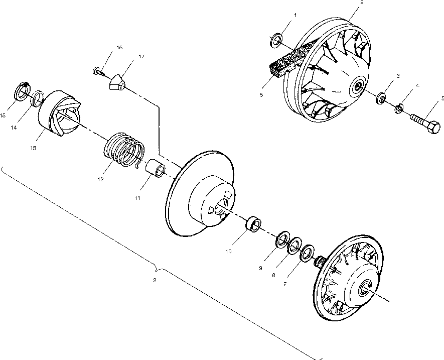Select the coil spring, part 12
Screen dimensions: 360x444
(123, 149)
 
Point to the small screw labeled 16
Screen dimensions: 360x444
(99, 71)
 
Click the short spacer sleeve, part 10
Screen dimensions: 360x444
(253, 223)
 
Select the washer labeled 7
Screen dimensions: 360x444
(306, 253)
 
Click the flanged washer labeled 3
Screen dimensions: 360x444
(381, 97)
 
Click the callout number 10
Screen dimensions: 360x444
(229, 252)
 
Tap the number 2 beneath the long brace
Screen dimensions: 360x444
(155, 280)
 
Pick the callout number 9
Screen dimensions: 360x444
(261, 268)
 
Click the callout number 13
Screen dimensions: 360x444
(34, 148)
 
